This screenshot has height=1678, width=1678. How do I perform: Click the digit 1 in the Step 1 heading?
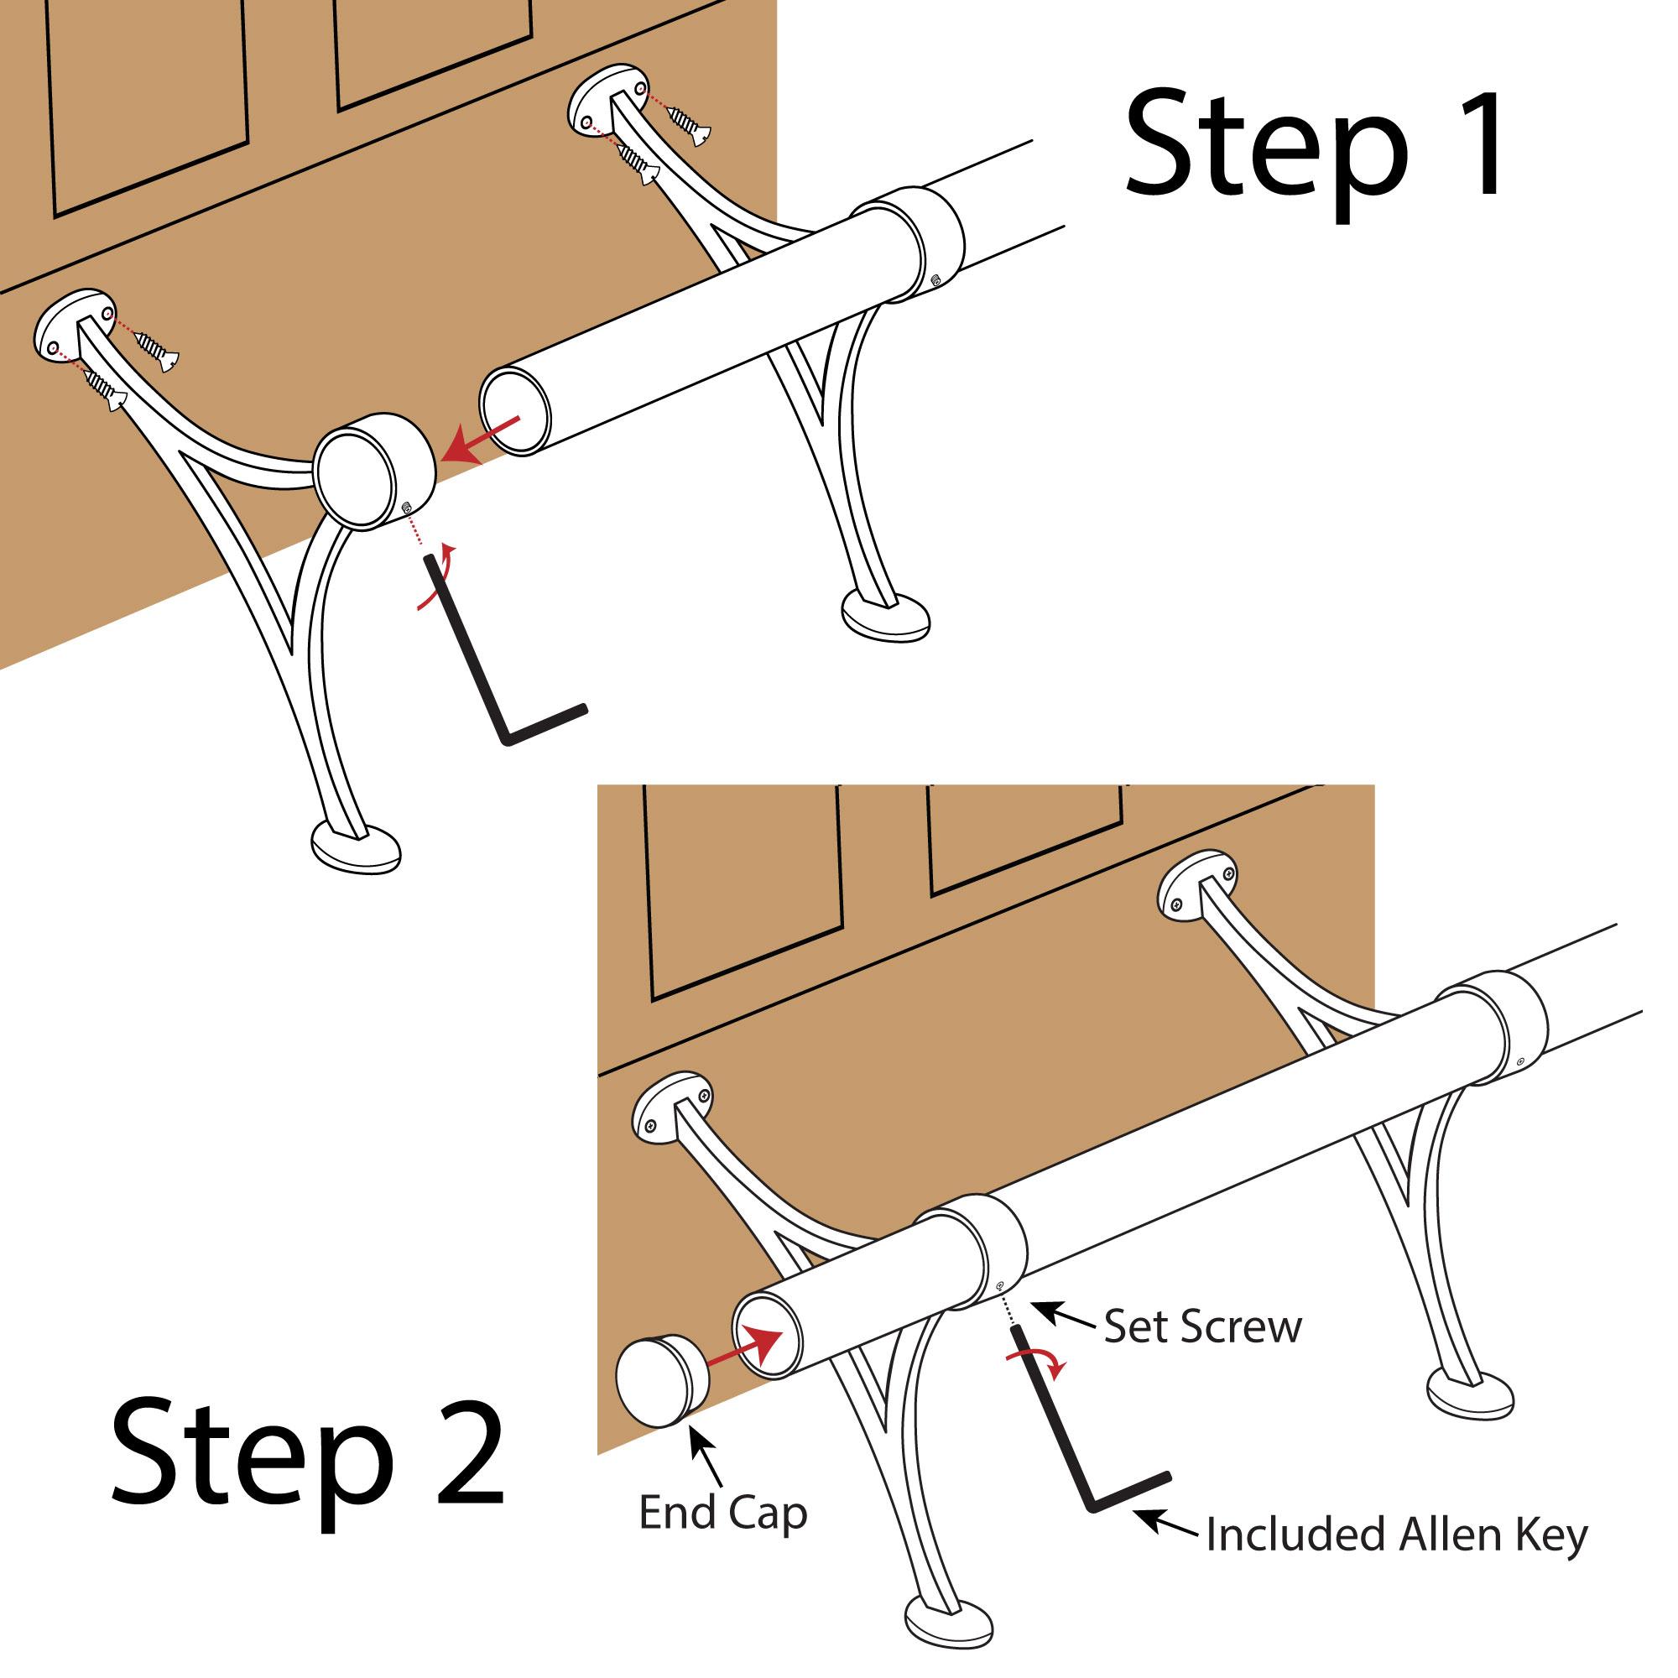1477,146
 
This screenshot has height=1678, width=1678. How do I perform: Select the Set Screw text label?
1202,1327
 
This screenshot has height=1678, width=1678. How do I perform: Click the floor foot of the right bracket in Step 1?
886,616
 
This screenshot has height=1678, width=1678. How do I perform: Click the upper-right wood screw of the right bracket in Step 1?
690,122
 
